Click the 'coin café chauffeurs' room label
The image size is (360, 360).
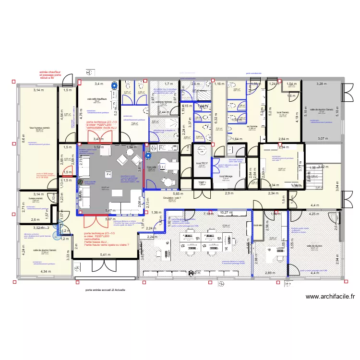[96, 99]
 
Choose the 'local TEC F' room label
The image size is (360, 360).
[201, 163]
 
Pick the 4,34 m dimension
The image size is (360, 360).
[45, 272]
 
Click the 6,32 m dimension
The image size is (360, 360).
[216, 118]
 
